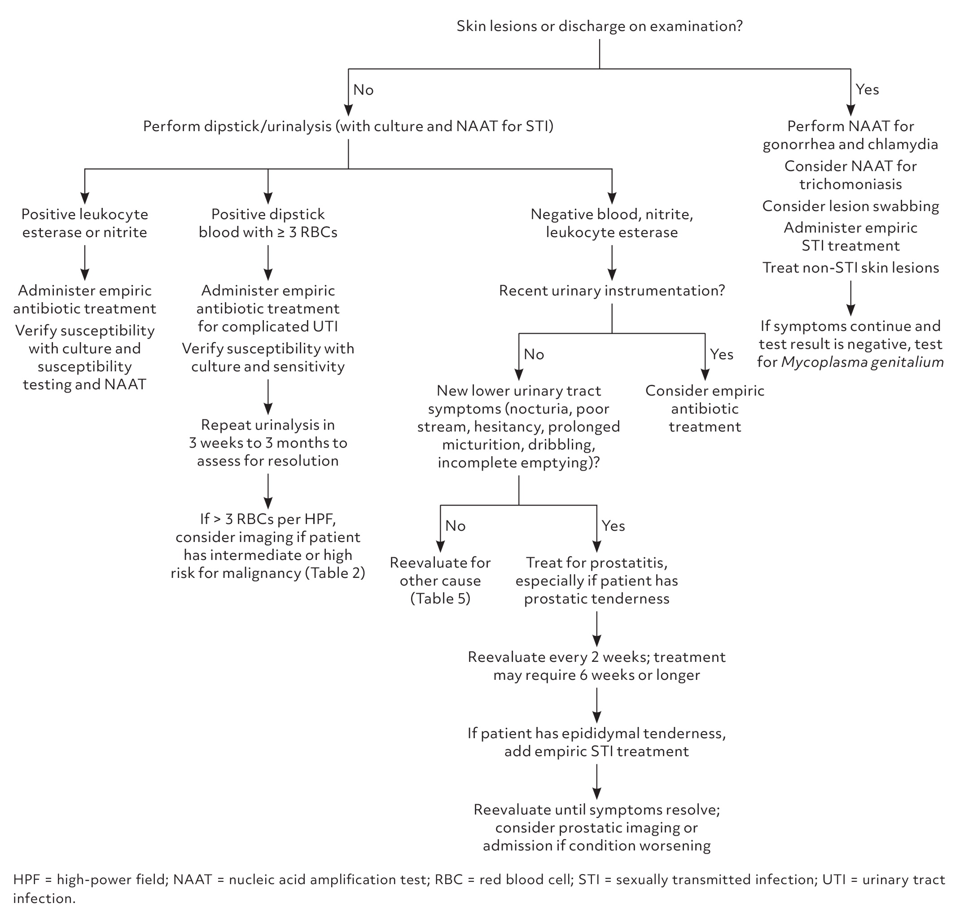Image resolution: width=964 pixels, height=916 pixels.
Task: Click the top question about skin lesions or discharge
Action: [600, 26]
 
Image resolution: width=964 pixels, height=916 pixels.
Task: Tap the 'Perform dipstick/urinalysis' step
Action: [348, 126]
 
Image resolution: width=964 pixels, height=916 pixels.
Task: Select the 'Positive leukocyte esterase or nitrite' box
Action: [84, 223]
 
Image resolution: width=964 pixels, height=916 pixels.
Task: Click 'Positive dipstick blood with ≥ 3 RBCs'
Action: [268, 223]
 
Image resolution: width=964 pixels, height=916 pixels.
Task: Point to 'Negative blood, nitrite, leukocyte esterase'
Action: [612, 223]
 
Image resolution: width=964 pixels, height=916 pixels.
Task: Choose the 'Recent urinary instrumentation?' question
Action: [612, 291]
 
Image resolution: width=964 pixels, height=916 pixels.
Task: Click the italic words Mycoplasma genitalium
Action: [863, 362]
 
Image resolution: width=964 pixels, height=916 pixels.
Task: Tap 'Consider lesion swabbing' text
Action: [850, 206]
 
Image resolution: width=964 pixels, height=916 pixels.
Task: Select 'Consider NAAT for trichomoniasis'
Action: [850, 175]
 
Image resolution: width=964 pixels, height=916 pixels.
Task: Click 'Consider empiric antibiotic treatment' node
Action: [704, 408]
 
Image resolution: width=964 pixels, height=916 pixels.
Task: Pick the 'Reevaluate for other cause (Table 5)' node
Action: [440, 580]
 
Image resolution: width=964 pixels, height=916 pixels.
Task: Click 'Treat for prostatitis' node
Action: [596, 580]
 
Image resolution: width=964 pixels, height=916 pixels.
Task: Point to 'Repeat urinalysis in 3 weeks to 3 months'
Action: [268, 442]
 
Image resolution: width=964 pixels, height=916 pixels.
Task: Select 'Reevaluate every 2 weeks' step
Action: [596, 665]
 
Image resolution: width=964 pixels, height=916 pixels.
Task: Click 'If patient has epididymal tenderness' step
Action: [596, 742]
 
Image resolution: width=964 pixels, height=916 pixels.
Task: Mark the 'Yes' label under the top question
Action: [868, 89]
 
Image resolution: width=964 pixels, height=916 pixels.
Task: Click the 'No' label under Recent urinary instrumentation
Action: [534, 354]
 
